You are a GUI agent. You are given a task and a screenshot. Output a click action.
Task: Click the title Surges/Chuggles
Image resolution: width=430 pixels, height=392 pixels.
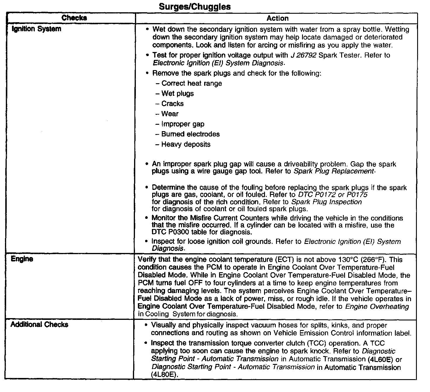point(195,7)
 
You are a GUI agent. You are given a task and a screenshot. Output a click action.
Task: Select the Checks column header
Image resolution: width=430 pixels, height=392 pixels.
point(74,18)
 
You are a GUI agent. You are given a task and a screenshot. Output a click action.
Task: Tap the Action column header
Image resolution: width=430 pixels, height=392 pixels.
point(277,18)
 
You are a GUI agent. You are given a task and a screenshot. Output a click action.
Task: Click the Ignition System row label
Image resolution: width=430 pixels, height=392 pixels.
point(37,29)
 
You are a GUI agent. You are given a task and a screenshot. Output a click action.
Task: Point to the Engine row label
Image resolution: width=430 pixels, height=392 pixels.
point(22,259)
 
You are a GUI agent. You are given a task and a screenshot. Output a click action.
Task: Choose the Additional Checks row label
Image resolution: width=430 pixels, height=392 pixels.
point(39,325)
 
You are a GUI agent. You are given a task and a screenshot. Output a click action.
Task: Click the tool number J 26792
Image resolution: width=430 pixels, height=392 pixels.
point(303,55)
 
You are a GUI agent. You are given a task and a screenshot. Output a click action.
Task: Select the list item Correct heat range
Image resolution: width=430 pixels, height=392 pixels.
point(191,83)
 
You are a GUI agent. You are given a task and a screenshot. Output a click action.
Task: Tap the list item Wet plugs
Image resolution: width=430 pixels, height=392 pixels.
point(177,93)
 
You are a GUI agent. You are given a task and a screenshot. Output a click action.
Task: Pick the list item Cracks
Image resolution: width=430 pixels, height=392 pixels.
point(172,104)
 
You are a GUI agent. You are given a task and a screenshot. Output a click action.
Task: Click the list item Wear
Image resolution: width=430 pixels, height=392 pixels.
point(170,114)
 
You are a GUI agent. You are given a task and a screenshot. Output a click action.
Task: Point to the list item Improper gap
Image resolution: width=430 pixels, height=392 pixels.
point(183,124)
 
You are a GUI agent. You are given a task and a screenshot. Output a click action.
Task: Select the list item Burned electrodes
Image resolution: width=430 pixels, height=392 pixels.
point(190,134)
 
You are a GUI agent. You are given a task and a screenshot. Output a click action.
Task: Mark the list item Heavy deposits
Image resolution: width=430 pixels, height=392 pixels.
point(185,144)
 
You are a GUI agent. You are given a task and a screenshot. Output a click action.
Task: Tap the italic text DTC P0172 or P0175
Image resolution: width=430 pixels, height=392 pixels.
point(332,195)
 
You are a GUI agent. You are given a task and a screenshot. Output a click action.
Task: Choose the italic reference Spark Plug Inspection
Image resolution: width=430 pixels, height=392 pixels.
point(327,202)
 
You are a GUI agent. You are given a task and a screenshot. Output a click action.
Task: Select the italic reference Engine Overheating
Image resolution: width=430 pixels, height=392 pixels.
point(377,306)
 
